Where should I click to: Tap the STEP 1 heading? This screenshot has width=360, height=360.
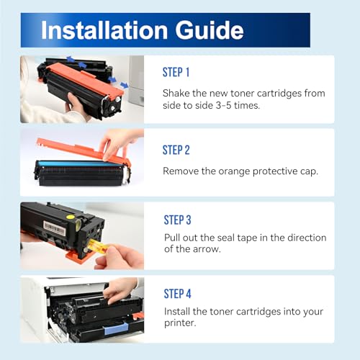[x=176, y=73]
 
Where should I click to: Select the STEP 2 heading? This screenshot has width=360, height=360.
[x=176, y=150]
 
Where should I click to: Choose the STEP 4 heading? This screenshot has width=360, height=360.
[x=178, y=293]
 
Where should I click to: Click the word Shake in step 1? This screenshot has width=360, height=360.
[x=177, y=94]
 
